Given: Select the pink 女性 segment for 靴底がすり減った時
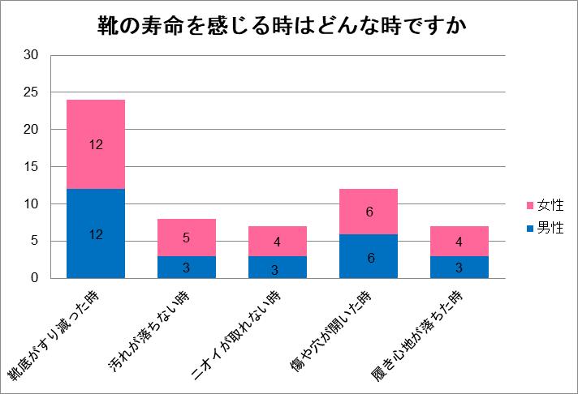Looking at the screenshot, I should pos(96,144).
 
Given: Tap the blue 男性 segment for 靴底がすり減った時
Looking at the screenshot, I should pos(96,233).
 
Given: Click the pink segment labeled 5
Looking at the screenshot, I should pos(187,238).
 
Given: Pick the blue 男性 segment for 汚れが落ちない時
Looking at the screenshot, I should pos(187,268).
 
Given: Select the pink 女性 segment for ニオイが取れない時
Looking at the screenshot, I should pos(278,242).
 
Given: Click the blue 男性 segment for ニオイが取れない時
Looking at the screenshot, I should pos(278,268).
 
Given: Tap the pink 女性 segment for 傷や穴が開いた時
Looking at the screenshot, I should pos(369,212).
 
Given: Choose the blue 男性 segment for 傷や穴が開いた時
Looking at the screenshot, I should pos(369,256).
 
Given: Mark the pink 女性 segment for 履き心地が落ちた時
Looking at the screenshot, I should pos(460,242).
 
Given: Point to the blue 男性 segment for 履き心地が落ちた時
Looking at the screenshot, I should pos(460,268).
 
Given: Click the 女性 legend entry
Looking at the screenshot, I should pos(545,206).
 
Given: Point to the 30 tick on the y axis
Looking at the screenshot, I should pos(32,55).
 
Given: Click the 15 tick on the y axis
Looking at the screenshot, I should pos(32,167).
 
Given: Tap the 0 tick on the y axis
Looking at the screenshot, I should pos(35,279).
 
